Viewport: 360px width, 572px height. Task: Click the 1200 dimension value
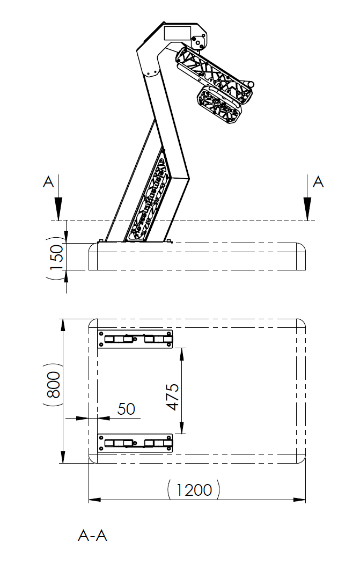point(194,490)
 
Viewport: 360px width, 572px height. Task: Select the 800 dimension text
point(54,385)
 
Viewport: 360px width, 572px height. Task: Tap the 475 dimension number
point(172,397)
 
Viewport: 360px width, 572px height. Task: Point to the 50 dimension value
point(126,409)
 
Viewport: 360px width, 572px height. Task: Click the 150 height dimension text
point(56,257)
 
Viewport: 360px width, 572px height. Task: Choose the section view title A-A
point(92,536)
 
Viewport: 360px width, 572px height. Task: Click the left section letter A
point(48,182)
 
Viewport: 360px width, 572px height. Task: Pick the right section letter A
point(318,182)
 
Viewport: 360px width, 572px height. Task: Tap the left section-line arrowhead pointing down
point(58,209)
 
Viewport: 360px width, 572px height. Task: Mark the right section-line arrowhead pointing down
point(308,209)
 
